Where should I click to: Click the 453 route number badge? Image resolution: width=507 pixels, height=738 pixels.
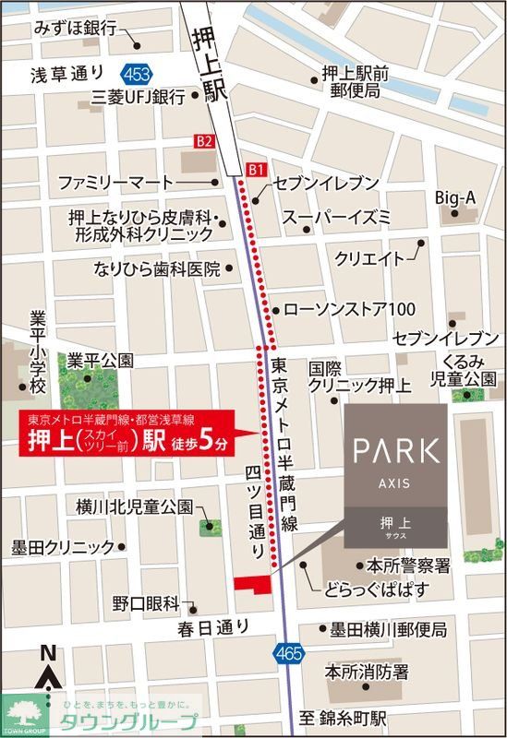point(135,72)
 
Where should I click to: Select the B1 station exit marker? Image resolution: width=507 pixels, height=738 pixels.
point(257,170)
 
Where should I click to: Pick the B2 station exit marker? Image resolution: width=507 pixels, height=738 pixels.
point(203,141)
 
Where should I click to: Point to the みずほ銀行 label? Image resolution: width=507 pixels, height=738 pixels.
point(76,29)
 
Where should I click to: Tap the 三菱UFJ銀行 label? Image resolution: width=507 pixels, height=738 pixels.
point(139,95)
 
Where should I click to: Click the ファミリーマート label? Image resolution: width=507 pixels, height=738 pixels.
point(115,181)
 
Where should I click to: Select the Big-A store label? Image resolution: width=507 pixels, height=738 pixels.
point(456,198)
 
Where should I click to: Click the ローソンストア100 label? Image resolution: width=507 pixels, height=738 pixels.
point(350,308)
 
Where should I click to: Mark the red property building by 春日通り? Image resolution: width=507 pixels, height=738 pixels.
point(251,583)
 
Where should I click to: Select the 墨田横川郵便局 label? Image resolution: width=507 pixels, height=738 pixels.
point(389,630)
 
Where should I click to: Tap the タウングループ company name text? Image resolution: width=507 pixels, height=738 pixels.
point(128,721)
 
